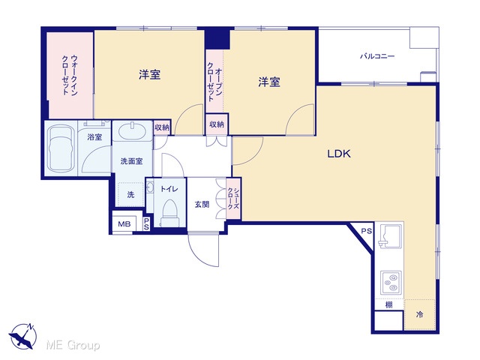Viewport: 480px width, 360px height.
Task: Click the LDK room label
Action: (339, 154)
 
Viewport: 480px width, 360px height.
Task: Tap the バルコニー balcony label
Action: (377, 56)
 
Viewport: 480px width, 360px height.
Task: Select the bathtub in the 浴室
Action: (61, 148)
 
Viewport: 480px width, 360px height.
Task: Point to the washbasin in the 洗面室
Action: (132, 131)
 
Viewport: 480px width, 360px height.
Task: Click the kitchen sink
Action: (391, 235)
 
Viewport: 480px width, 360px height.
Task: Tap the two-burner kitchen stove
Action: (391, 282)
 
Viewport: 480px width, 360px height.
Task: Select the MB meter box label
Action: (124, 224)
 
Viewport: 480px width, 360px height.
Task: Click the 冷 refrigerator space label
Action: (420, 314)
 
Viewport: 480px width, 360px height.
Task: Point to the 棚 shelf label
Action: (388, 304)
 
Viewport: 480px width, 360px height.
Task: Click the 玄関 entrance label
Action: (202, 204)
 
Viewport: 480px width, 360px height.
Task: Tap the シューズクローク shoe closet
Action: (233, 199)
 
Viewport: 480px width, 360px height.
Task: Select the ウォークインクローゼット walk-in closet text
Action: (70, 75)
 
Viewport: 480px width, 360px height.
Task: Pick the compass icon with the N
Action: (22, 336)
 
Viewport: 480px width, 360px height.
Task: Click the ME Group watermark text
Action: (73, 345)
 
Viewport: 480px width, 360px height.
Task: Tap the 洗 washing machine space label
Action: (130, 195)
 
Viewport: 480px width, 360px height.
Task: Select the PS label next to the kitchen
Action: (367, 231)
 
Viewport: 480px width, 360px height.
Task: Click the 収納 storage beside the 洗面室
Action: (162, 127)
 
